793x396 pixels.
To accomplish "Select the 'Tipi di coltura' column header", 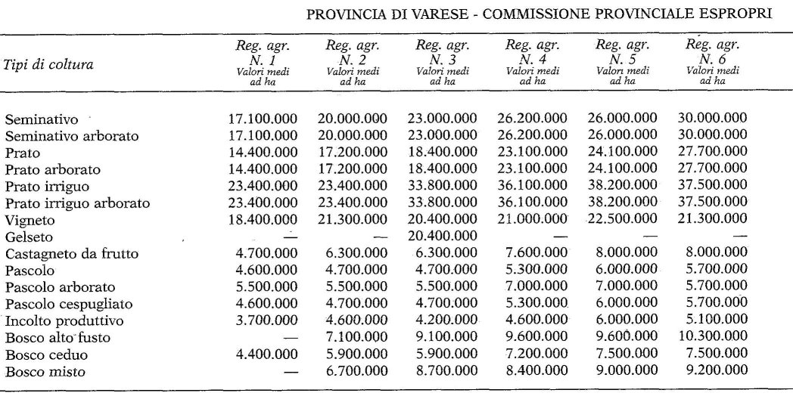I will (49, 64).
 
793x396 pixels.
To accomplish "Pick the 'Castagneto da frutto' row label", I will (72, 254).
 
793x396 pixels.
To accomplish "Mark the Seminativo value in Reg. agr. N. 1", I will (263, 119).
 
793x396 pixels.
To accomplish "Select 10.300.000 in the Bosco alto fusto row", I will (712, 338).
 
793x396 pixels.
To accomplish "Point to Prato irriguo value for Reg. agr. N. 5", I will (623, 186).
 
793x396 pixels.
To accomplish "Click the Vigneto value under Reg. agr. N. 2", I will (353, 220).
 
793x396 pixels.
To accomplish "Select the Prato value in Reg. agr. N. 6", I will (712, 153).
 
